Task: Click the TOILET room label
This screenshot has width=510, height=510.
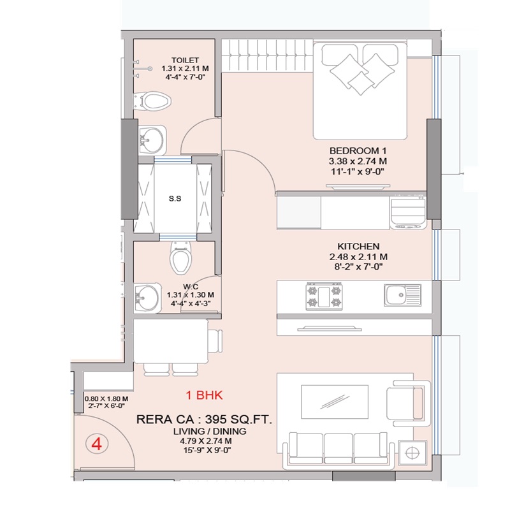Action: tap(185, 60)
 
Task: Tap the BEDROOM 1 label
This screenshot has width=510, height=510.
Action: tap(358, 150)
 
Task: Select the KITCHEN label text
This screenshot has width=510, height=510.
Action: tap(358, 246)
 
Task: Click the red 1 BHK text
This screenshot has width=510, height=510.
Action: tap(204, 395)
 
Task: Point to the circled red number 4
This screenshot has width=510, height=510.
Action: tap(97, 444)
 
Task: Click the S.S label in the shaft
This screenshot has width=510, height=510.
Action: tap(175, 198)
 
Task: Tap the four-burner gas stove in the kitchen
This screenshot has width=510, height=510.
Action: tap(324, 296)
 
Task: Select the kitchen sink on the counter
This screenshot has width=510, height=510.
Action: tap(403, 295)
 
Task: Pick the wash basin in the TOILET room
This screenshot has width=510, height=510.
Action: tap(151, 140)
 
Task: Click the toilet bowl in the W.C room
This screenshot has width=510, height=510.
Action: tap(181, 259)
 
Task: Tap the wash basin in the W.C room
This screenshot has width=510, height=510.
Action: tap(147, 298)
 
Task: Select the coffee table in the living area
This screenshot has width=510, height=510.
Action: tap(335, 402)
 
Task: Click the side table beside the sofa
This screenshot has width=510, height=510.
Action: tap(412, 453)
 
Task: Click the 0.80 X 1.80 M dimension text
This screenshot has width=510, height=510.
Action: tap(106, 399)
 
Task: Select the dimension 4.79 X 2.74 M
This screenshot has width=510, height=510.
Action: tap(205, 441)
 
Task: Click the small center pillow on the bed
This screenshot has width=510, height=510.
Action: tap(361, 84)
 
